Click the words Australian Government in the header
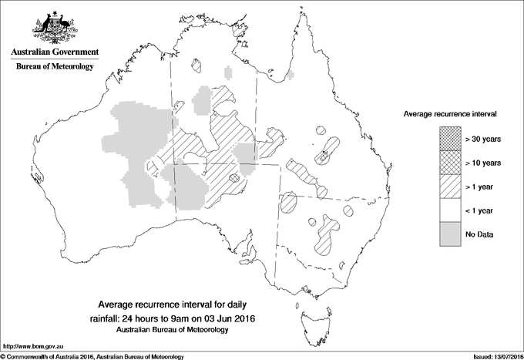coord(54,52)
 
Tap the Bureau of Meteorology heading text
coord(55,67)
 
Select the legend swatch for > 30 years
coord(449,139)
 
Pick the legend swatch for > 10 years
coord(449,163)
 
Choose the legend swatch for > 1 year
coord(449,187)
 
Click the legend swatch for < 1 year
coord(449,210)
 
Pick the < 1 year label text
coord(480,210)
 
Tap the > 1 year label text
coord(480,187)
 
